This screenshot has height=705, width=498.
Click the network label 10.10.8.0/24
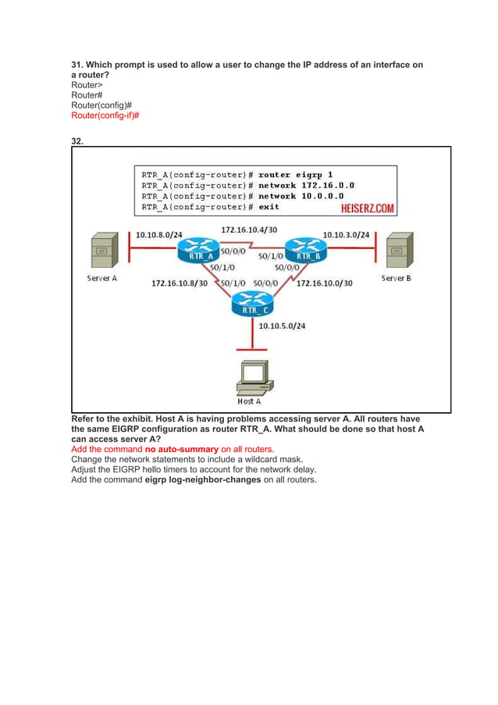158,234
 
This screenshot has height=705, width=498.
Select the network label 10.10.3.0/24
346,234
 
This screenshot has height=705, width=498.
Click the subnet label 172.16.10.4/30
249,230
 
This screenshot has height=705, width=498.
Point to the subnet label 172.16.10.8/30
180,283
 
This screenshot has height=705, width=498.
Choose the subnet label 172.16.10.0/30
324,283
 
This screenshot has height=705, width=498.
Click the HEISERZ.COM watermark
367,208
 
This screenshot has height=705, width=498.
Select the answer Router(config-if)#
105,115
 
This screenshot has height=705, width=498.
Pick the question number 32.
77,141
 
